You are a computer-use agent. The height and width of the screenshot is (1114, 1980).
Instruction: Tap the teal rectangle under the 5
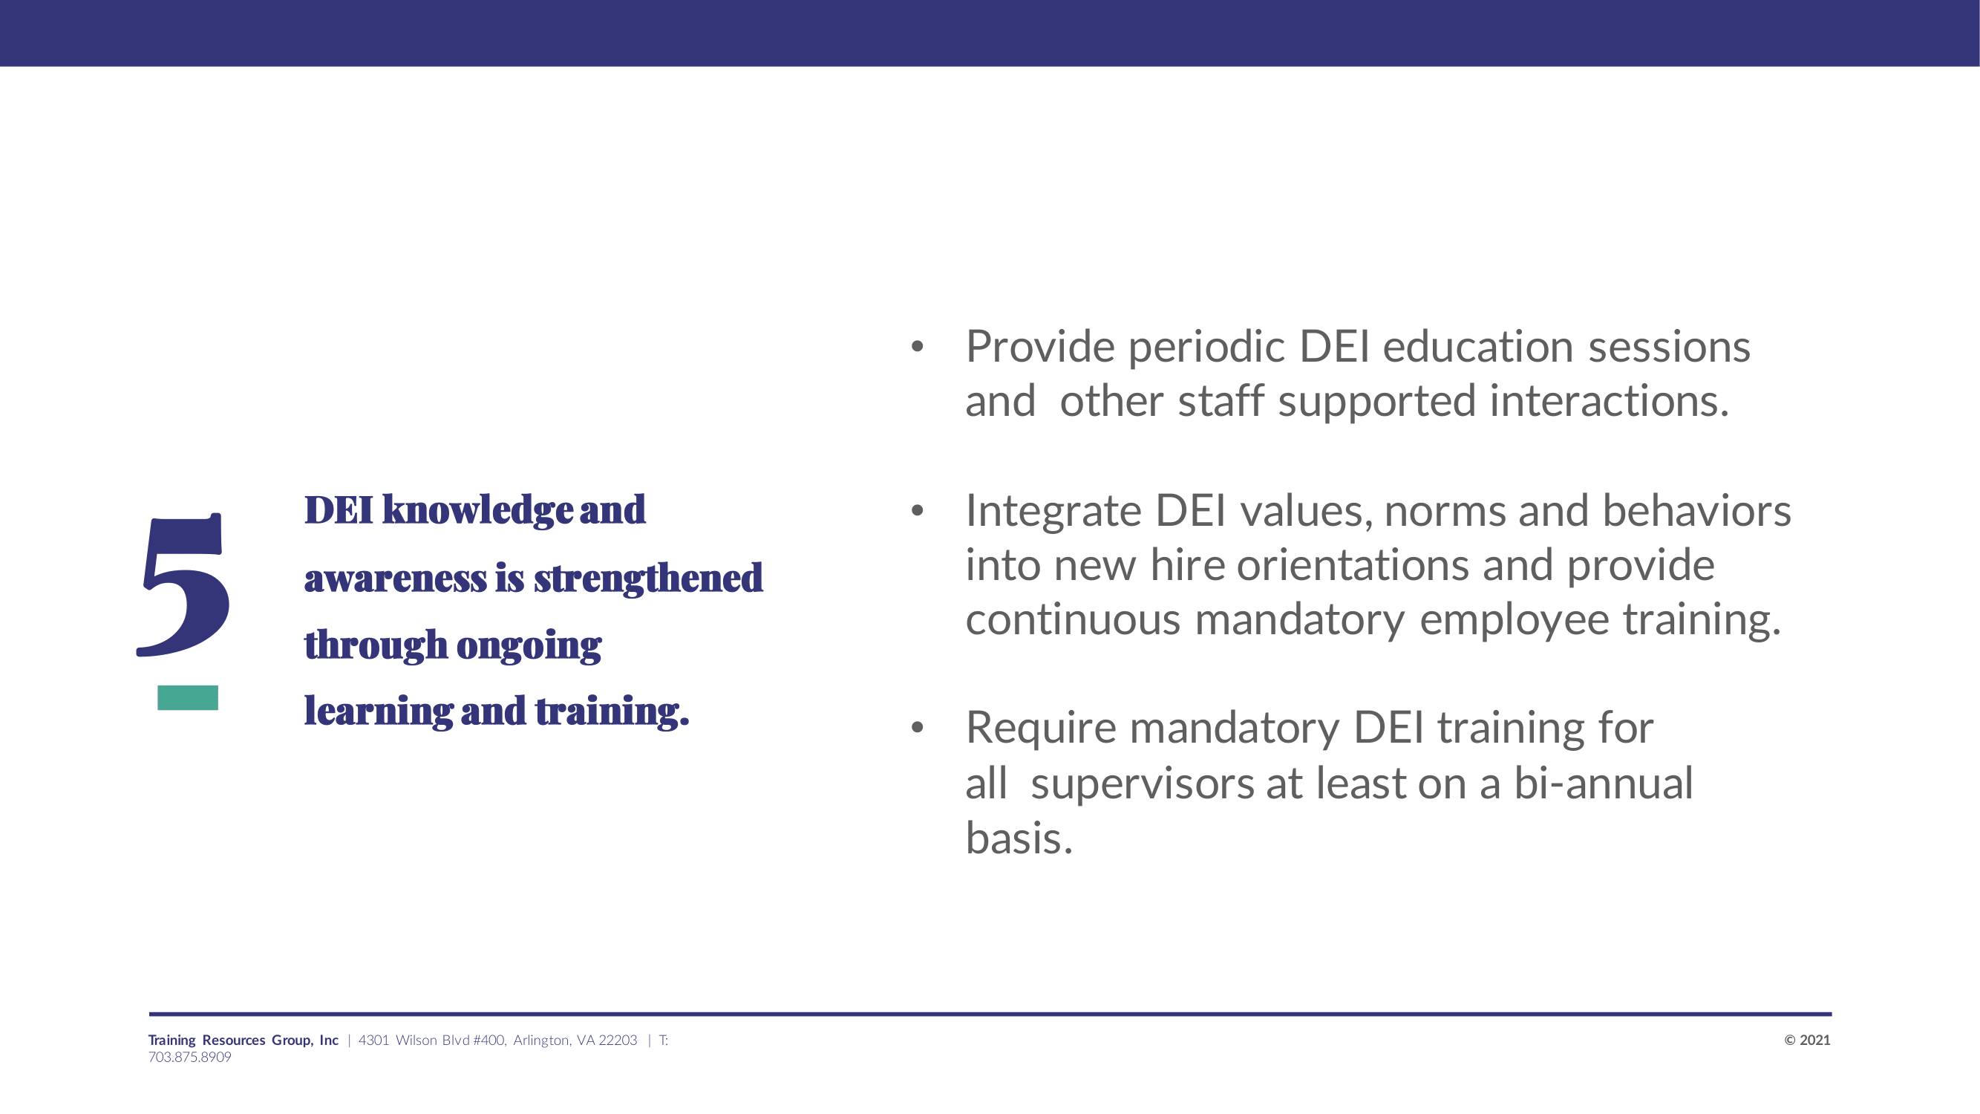(x=188, y=697)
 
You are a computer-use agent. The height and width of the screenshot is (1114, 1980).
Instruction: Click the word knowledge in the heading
(x=477, y=510)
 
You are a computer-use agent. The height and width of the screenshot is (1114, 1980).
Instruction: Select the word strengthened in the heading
(x=648, y=578)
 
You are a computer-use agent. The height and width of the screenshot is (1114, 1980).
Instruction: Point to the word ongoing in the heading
(x=529, y=647)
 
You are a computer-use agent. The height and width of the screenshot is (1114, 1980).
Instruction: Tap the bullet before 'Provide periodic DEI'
(x=917, y=346)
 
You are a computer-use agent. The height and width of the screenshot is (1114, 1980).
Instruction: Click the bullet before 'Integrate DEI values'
(x=917, y=510)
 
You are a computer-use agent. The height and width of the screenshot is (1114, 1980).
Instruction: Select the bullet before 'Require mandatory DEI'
(x=917, y=727)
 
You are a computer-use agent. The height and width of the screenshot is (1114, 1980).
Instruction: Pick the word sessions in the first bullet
(x=1670, y=347)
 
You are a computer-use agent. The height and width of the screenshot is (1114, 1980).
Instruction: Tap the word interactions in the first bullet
(x=1610, y=401)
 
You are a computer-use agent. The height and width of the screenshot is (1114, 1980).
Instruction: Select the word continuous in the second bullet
(x=1073, y=619)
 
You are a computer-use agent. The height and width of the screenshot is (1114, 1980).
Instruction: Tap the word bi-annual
(x=1604, y=784)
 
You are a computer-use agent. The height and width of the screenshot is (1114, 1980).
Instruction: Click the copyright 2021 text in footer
(x=1807, y=1040)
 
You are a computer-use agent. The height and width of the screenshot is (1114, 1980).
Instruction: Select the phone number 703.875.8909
(x=190, y=1057)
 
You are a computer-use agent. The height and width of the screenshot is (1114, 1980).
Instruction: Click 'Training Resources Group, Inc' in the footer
(x=243, y=1040)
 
